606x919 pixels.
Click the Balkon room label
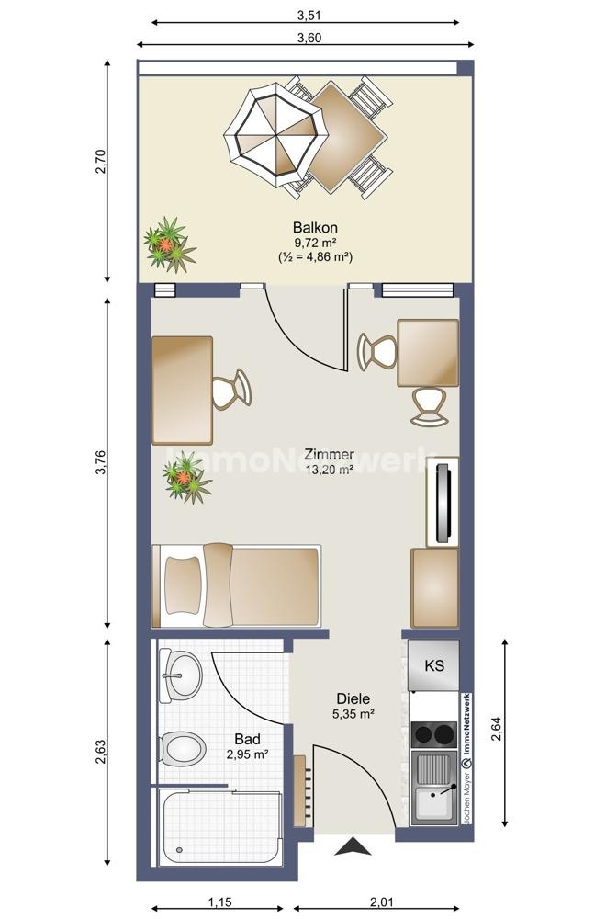pos(315,227)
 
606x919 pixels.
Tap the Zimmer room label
pos(329,454)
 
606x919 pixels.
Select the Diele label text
pos(353,698)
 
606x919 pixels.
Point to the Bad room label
pos(247,739)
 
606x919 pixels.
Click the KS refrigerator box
pos(433,665)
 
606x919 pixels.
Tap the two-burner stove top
pos(434,733)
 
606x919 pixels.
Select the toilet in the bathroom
pos(182,748)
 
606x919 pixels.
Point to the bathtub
pos(220,826)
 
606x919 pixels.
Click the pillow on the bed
pos(184,584)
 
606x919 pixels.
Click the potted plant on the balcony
pos(169,244)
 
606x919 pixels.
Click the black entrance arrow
pos(353,847)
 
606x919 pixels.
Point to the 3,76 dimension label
pos(100,462)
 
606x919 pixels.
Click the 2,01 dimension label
pos(381,902)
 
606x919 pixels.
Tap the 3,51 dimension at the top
pos(309,16)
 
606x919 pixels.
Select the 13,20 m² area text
pos(329,469)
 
